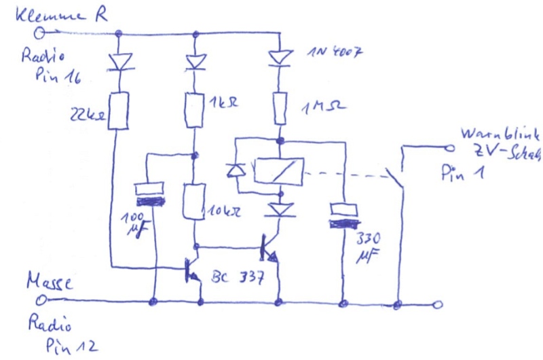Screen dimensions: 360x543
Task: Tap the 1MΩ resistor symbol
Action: [x=278, y=108]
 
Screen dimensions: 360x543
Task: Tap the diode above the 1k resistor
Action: [x=195, y=63]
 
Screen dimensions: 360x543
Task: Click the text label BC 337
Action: [x=234, y=278]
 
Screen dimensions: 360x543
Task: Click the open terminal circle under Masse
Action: [x=45, y=299]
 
